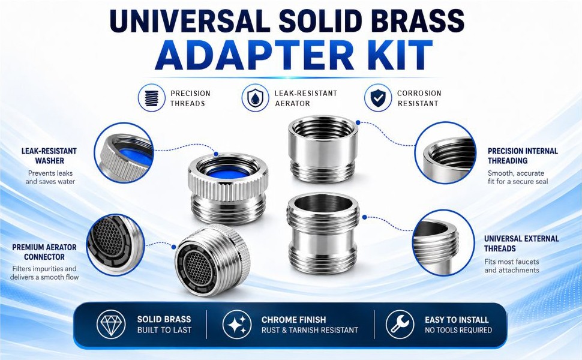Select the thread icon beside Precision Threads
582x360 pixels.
pos(151,98)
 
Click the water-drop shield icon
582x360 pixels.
pos(255,98)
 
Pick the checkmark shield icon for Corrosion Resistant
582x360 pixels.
pos(378,98)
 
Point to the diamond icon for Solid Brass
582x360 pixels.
pos(111,324)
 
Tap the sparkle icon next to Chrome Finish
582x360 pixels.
pos(237,324)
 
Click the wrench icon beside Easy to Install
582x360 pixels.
pos(400,324)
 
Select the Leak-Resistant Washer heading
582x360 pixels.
pos(49,156)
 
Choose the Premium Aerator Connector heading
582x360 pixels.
pos(44,252)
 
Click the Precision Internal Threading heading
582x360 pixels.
pos(523,156)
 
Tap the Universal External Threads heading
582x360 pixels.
pos(521,244)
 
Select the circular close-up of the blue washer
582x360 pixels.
pos(124,152)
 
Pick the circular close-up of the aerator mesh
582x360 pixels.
pos(115,245)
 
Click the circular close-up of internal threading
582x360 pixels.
pos(445,152)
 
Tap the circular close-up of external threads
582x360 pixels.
pos(443,243)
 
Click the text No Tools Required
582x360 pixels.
pos(458,330)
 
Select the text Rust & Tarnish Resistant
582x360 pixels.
pos(310,330)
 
